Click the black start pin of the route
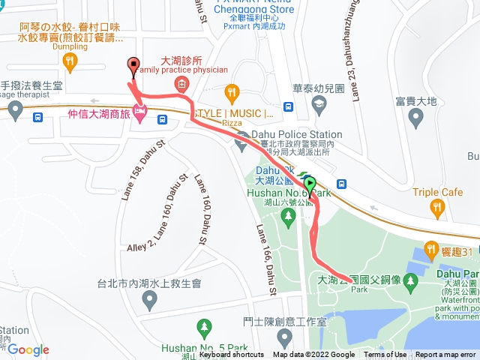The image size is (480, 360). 133,65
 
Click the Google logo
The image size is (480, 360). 28,350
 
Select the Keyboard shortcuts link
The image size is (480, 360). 232,355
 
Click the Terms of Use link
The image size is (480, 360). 385,355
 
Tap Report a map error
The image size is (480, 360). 447,355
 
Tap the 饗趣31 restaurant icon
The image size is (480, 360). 431,249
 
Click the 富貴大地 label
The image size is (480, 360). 416,100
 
